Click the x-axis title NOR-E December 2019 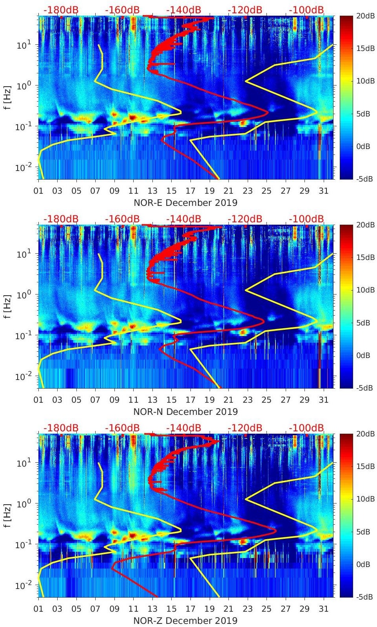click(185, 203)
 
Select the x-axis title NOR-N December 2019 click(185, 412)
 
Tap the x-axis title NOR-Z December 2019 click(185, 621)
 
